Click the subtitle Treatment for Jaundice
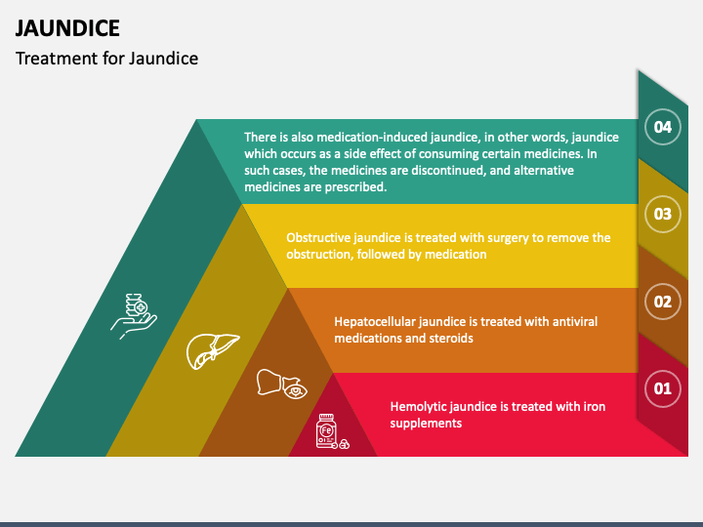[x=106, y=59]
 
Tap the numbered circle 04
[x=663, y=126]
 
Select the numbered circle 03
[x=663, y=214]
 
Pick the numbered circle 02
[x=663, y=302]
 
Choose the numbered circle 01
[x=663, y=389]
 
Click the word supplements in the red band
[x=426, y=424]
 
